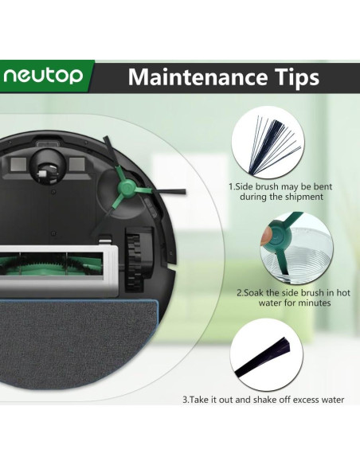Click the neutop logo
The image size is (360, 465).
coord(43,76)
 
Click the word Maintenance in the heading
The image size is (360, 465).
coord(198,77)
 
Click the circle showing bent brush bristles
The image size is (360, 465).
coord(268,143)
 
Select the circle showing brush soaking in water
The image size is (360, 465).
coord(296,248)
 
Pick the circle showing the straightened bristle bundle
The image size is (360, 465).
coord(267,356)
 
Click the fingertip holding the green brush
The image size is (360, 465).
coord(265,236)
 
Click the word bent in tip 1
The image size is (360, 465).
coord(323,187)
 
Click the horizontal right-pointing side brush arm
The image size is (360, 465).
coord(160,191)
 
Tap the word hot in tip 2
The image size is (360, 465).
coord(343,293)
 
